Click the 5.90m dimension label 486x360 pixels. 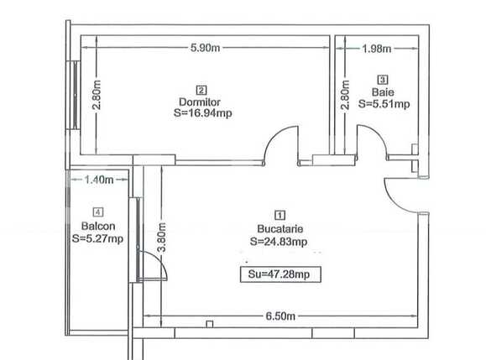coord(205,49)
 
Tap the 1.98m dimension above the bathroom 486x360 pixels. coord(375,49)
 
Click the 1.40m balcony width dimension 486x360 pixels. coord(99,179)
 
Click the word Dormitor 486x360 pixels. coord(200,102)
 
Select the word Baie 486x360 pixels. coord(383,91)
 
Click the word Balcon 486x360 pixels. coord(98,227)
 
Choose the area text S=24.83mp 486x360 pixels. coord(279,241)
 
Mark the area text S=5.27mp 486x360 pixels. coord(98,238)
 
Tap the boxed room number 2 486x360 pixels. coord(201,89)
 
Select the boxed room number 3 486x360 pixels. coord(383,79)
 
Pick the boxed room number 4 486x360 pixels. coord(98,213)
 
